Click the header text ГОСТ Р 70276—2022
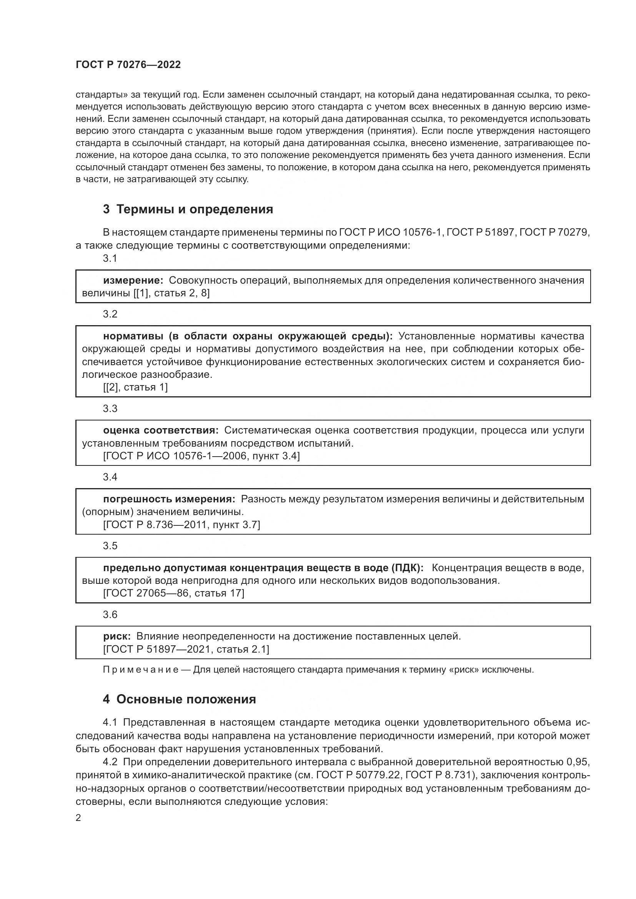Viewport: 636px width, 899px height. pos(128,65)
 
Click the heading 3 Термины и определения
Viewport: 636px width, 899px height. pos(188,209)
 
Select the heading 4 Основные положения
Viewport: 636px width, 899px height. pos(179,699)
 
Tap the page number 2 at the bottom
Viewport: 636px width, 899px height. pos(78,818)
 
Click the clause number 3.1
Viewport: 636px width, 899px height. pos(110,258)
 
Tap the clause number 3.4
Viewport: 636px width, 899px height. pos(110,477)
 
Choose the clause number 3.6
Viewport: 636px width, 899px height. pos(110,614)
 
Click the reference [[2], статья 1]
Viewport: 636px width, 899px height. pos(135,387)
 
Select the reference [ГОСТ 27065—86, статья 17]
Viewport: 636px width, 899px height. pos(173,593)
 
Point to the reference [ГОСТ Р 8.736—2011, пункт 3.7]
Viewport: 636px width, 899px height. pos(181,525)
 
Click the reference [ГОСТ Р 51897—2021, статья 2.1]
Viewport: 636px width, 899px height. pos(186,649)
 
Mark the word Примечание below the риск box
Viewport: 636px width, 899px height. pos(141,670)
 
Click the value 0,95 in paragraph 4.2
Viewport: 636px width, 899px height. pos(578,762)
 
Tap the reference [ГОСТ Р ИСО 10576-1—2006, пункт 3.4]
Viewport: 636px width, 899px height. pos(201,456)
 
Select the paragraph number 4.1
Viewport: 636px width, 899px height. pos(110,723)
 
